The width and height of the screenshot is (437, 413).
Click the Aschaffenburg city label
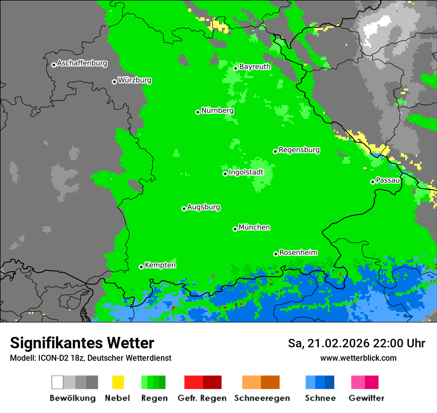82,64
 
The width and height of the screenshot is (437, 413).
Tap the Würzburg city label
135,81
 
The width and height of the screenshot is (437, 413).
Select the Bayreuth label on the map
255,67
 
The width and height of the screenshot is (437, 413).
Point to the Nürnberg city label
218,111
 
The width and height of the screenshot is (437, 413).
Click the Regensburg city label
299,150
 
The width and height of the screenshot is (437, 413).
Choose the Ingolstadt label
246,173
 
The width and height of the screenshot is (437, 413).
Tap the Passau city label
388,180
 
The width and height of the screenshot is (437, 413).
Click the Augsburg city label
204,207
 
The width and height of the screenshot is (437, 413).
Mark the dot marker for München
235,229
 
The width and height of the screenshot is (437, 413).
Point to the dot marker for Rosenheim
276,254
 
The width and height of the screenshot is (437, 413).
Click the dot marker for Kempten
141,267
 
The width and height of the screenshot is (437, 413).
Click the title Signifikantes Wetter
82,343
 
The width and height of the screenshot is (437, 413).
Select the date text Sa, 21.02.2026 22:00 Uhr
356,343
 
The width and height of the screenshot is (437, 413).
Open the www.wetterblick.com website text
358,358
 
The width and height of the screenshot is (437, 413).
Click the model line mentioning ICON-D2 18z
90,358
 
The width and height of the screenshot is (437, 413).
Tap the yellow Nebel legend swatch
118,382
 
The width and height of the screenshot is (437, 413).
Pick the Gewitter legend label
366,398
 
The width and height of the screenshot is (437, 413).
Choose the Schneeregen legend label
262,398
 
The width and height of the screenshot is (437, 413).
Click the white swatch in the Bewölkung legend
58,382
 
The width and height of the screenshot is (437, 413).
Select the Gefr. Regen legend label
202,398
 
